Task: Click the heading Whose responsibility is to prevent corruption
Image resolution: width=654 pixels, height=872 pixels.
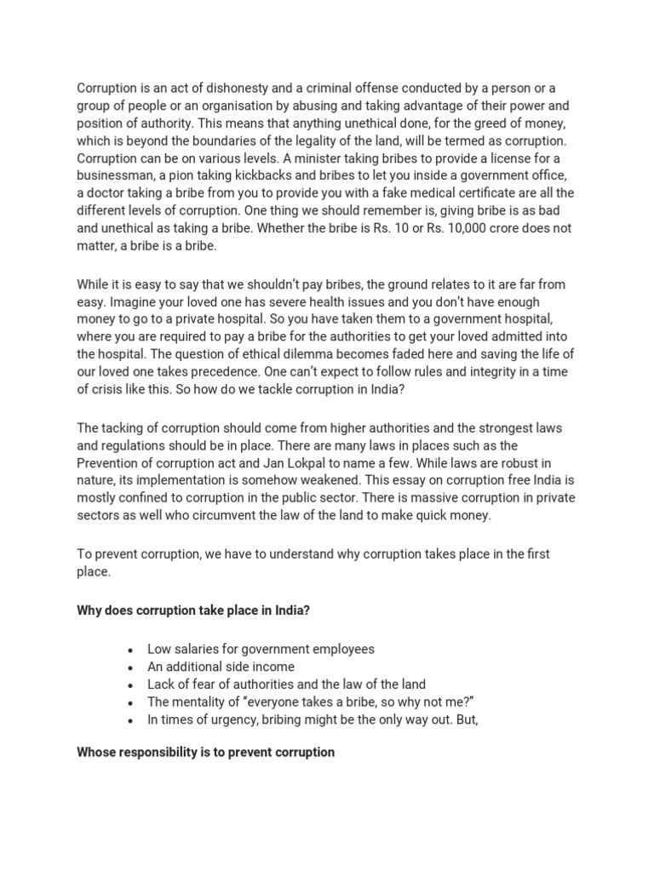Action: (205, 753)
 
